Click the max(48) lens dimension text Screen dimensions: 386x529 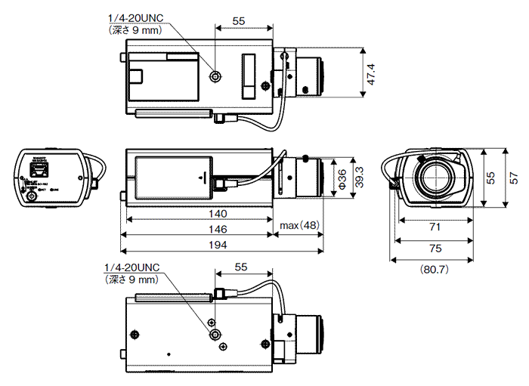coord(300,226)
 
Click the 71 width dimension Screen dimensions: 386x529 coord(434,227)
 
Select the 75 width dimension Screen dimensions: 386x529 coord(434,248)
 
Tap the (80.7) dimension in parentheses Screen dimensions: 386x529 coord(435,268)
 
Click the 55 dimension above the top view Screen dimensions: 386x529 coord(239,21)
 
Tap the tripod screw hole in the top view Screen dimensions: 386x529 coord(217,76)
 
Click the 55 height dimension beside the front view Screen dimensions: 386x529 coord(490,178)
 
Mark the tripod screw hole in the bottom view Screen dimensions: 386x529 coord(216,334)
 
